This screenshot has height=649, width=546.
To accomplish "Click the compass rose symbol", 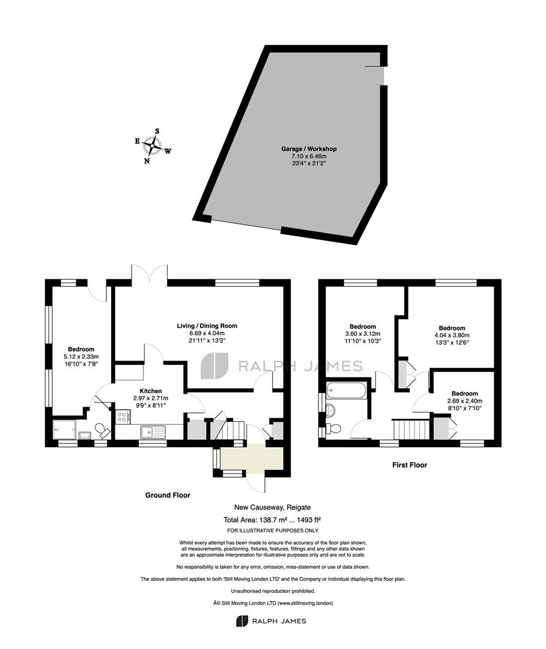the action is point(153,145).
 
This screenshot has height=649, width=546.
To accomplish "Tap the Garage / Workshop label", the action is point(309,148).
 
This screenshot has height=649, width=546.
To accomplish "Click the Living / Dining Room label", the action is point(207,326).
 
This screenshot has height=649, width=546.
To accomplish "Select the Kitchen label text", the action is point(151,391).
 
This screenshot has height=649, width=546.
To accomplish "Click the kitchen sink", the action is point(153,431).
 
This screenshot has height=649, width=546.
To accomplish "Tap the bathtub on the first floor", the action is point(346,390).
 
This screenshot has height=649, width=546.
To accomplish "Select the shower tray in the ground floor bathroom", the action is point(64,430).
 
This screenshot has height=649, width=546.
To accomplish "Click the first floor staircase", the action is point(412,429).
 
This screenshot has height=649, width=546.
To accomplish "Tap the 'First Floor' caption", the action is point(410,465).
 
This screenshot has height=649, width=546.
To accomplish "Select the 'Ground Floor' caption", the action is point(168,495).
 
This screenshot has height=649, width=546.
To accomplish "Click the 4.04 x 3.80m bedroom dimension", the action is point(452,335).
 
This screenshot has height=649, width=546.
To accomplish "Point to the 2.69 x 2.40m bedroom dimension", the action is point(464,401).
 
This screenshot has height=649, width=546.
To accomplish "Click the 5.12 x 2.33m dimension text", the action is point(81,356).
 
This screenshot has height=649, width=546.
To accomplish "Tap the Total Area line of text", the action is point(273,520).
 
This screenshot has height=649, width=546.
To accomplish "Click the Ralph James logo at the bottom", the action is point(271,621).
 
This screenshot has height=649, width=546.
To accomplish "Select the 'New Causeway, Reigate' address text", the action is point(273,507).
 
